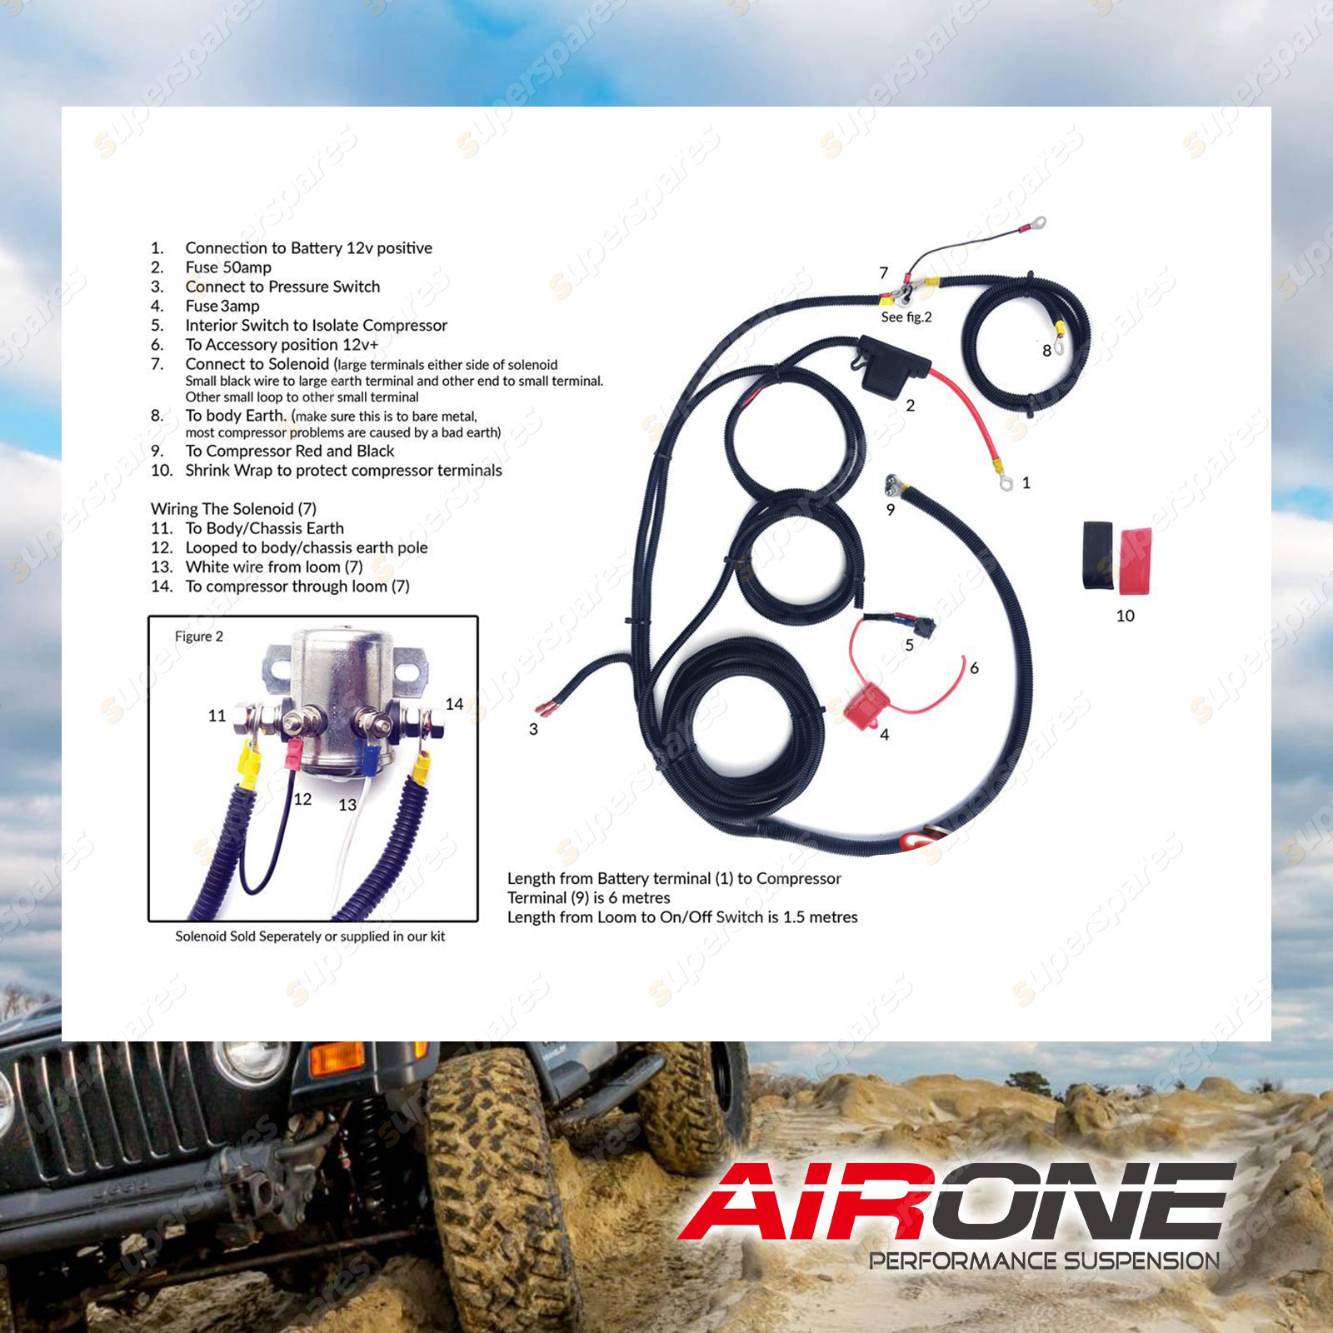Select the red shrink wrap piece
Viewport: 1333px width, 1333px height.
click(x=1136, y=561)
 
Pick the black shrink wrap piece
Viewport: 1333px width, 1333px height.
click(x=1098, y=556)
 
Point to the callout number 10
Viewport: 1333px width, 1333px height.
click(x=1125, y=616)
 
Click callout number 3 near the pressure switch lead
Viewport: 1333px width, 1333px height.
click(x=533, y=729)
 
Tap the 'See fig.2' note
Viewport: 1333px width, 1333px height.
click(x=906, y=317)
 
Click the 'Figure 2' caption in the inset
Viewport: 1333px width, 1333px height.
click(x=199, y=637)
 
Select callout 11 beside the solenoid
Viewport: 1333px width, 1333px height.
click(x=217, y=716)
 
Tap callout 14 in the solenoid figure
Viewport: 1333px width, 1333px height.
click(x=454, y=704)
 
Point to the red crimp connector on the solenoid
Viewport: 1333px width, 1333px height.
click(x=293, y=754)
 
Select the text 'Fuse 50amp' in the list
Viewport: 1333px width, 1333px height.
click(x=228, y=267)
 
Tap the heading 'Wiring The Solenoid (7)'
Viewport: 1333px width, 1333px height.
click(x=233, y=509)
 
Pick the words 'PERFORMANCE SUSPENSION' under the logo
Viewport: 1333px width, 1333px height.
click(x=1044, y=1261)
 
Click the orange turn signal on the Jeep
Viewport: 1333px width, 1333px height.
click(x=337, y=1057)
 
